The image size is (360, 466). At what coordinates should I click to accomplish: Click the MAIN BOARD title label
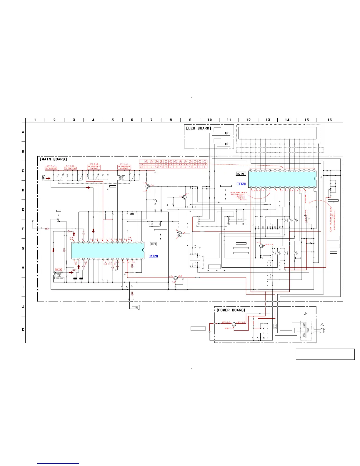click(x=53, y=159)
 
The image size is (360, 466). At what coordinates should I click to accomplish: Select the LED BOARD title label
click(x=199, y=128)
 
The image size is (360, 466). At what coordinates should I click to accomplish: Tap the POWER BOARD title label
click(x=231, y=310)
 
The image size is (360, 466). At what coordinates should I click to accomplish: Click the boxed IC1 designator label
click(x=153, y=244)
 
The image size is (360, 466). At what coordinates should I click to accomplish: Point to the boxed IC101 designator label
click(x=241, y=174)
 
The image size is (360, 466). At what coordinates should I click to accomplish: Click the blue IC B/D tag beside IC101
click(x=241, y=184)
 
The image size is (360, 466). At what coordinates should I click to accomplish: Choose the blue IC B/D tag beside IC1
click(x=153, y=256)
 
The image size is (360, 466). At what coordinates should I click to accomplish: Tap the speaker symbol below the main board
click(x=138, y=307)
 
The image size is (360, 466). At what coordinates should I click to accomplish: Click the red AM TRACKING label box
click(x=51, y=168)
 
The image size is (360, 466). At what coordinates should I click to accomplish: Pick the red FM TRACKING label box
click(x=70, y=168)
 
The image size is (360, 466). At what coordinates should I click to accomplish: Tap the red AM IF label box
click(x=59, y=269)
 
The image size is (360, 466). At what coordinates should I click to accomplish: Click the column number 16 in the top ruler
click(x=329, y=120)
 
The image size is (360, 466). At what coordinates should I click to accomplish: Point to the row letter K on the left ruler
click(x=23, y=329)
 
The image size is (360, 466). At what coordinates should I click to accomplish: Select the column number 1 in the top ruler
click(x=35, y=120)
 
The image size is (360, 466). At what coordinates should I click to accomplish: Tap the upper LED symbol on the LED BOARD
click(x=226, y=133)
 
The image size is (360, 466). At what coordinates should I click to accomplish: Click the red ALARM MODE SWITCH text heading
click(x=239, y=192)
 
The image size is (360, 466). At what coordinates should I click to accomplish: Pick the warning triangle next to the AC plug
click(x=322, y=324)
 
